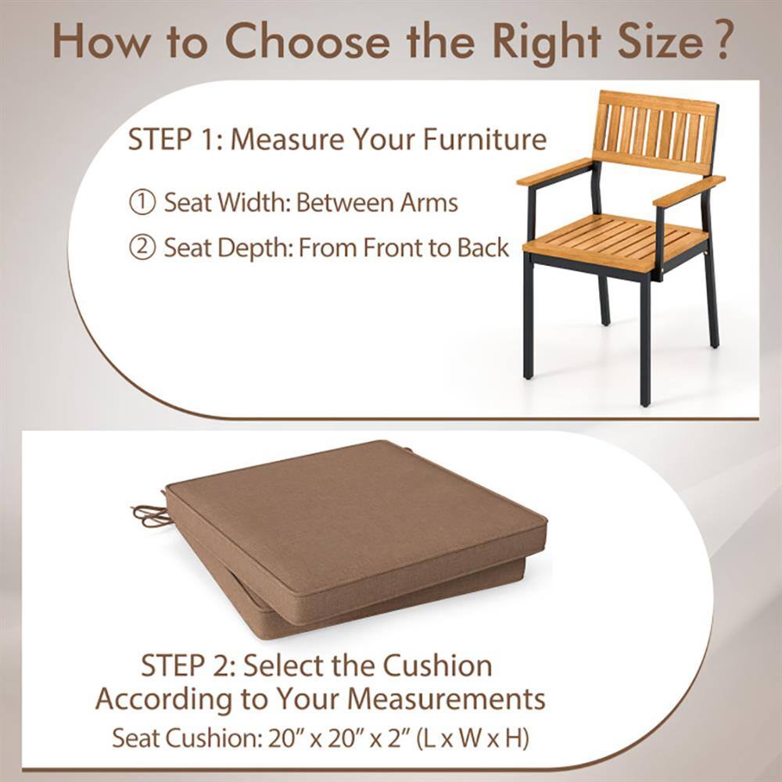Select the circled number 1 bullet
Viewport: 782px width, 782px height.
(x=142, y=203)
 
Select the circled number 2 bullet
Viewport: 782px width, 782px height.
(x=142, y=249)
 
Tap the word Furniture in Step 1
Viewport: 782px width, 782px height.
(x=485, y=140)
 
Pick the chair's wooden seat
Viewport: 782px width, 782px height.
(x=618, y=239)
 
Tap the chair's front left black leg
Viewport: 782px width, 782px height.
(x=529, y=321)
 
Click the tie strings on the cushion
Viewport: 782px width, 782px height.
(x=149, y=514)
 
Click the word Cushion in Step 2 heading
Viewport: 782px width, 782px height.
(x=437, y=666)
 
